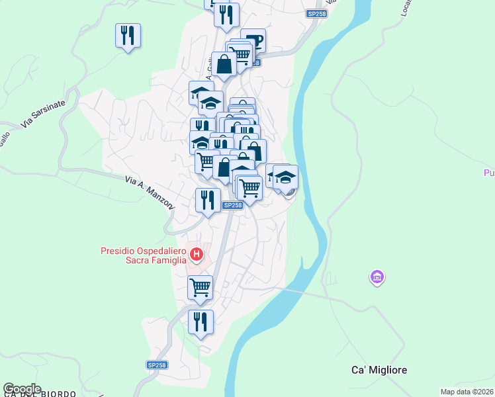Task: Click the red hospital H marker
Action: coord(196,254)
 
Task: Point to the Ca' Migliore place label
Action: coord(378,370)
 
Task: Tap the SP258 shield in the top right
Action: coord(316,13)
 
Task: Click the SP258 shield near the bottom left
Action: coord(157,365)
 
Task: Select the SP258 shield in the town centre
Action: coord(232,205)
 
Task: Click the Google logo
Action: coord(22,389)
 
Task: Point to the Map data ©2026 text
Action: coord(467,392)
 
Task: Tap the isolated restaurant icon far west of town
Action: coord(128,34)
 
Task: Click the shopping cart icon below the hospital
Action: coord(200,287)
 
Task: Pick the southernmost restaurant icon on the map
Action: coord(201,322)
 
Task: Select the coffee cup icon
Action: coord(253,40)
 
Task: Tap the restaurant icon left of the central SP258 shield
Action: coord(208,200)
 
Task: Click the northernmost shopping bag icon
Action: coord(224,64)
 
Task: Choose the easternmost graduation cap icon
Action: coord(285,177)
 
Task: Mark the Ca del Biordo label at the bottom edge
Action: coord(40,394)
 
